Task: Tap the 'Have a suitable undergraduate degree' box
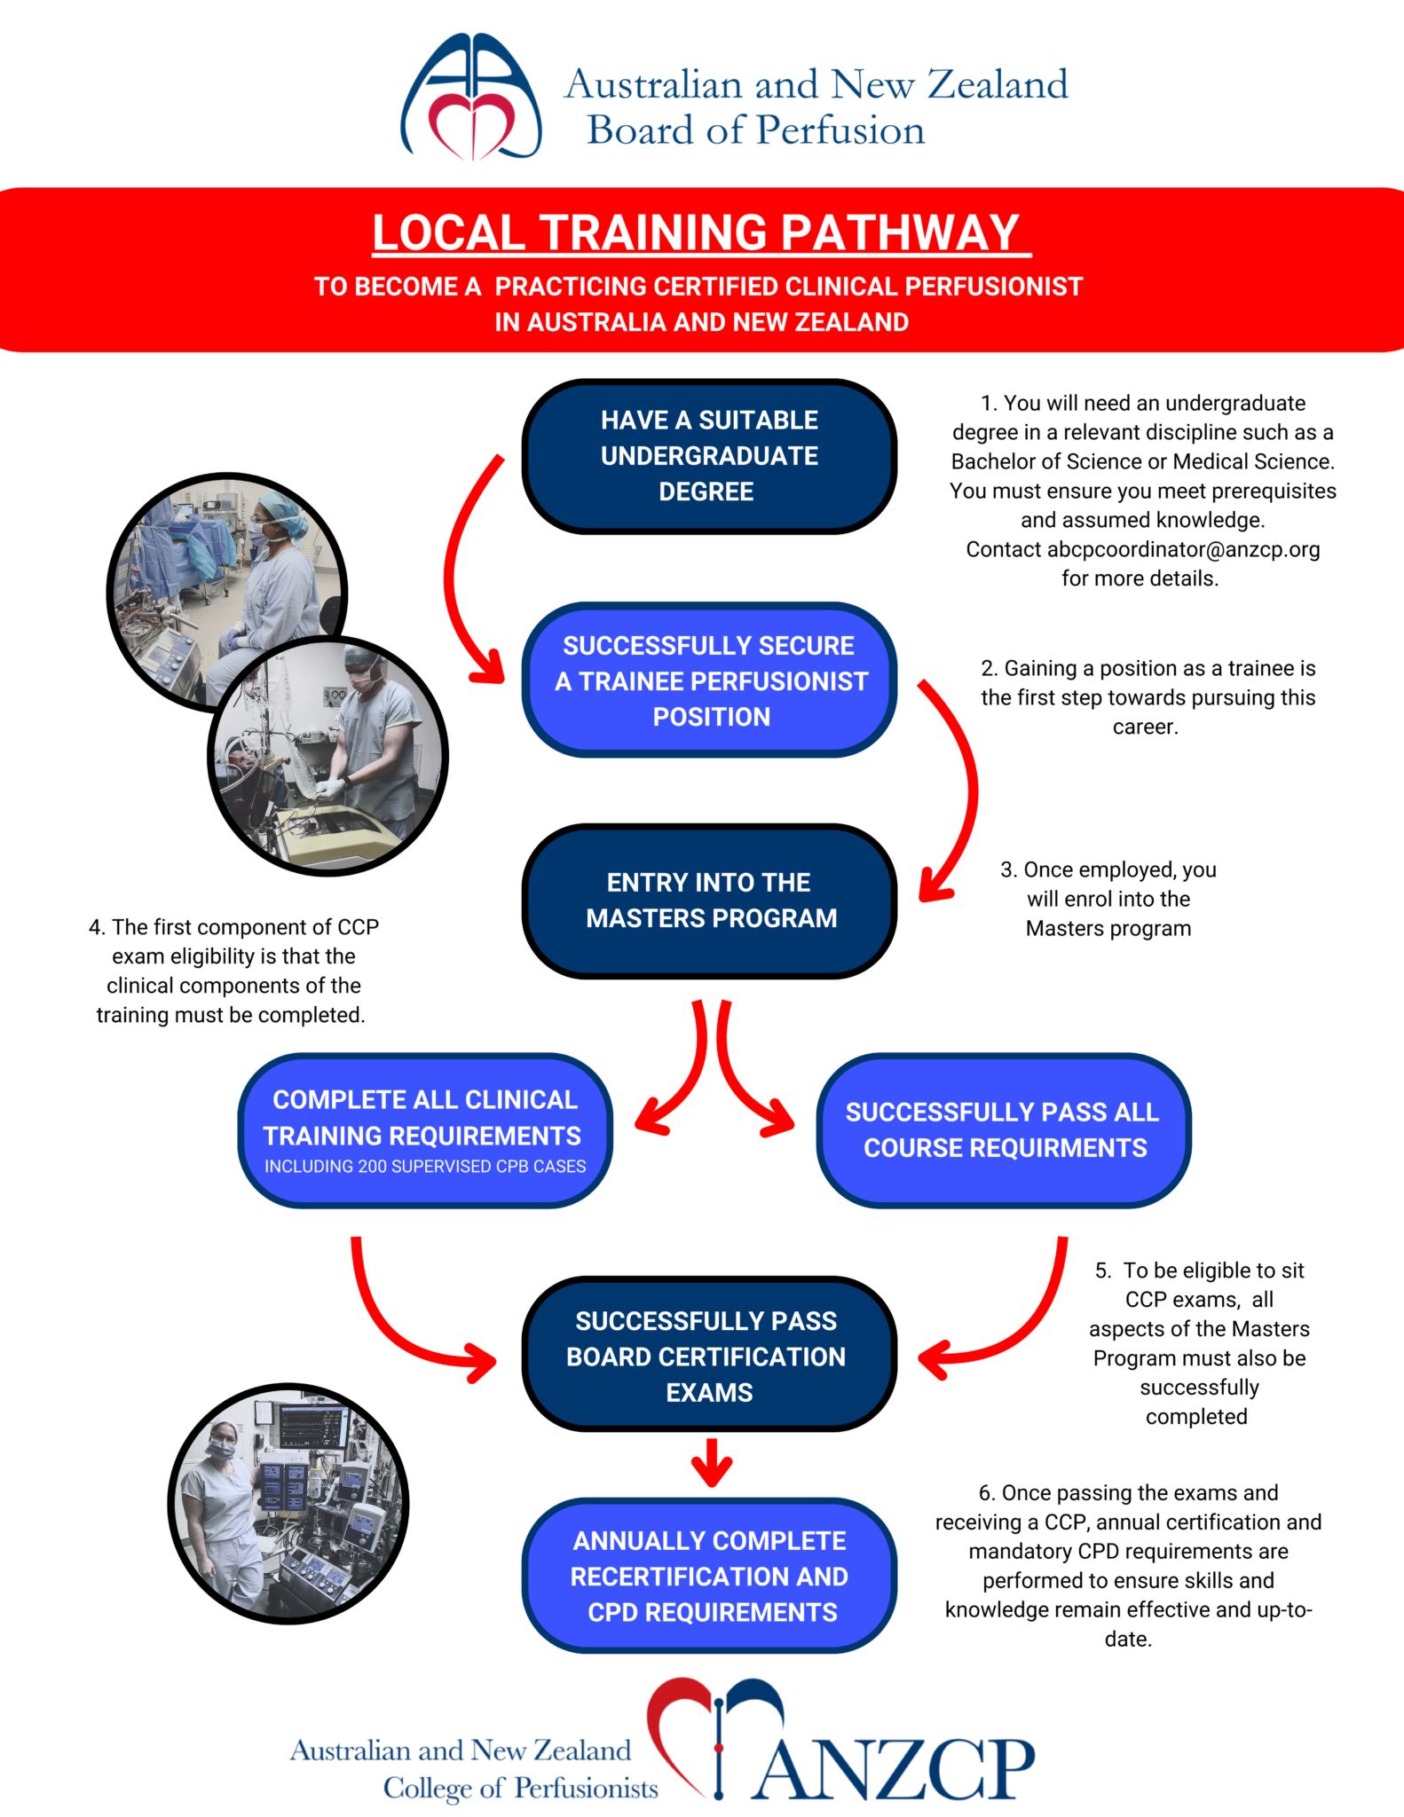709,456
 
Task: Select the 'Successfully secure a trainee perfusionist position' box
709,680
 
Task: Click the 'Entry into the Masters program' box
709,900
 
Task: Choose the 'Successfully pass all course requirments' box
1003,1129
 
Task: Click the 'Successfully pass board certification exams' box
709,1355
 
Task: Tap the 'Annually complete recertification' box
709,1576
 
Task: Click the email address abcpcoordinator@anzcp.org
1182,550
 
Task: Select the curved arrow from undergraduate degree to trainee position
461,577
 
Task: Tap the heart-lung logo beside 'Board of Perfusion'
471,98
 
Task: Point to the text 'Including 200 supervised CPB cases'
425,1167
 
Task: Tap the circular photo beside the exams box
288,1503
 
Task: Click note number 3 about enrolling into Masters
1108,899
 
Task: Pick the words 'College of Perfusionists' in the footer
520,1788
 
